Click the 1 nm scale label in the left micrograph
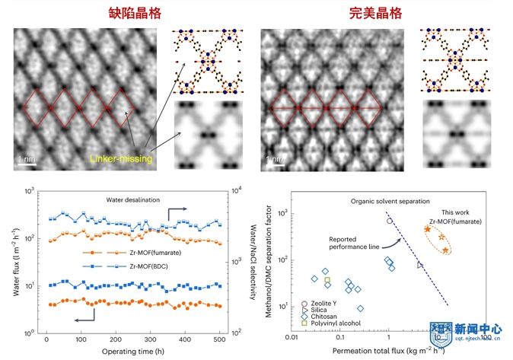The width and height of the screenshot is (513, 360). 24,160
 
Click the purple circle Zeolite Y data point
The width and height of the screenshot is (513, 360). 390,221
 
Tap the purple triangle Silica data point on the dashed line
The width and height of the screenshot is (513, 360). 420,265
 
